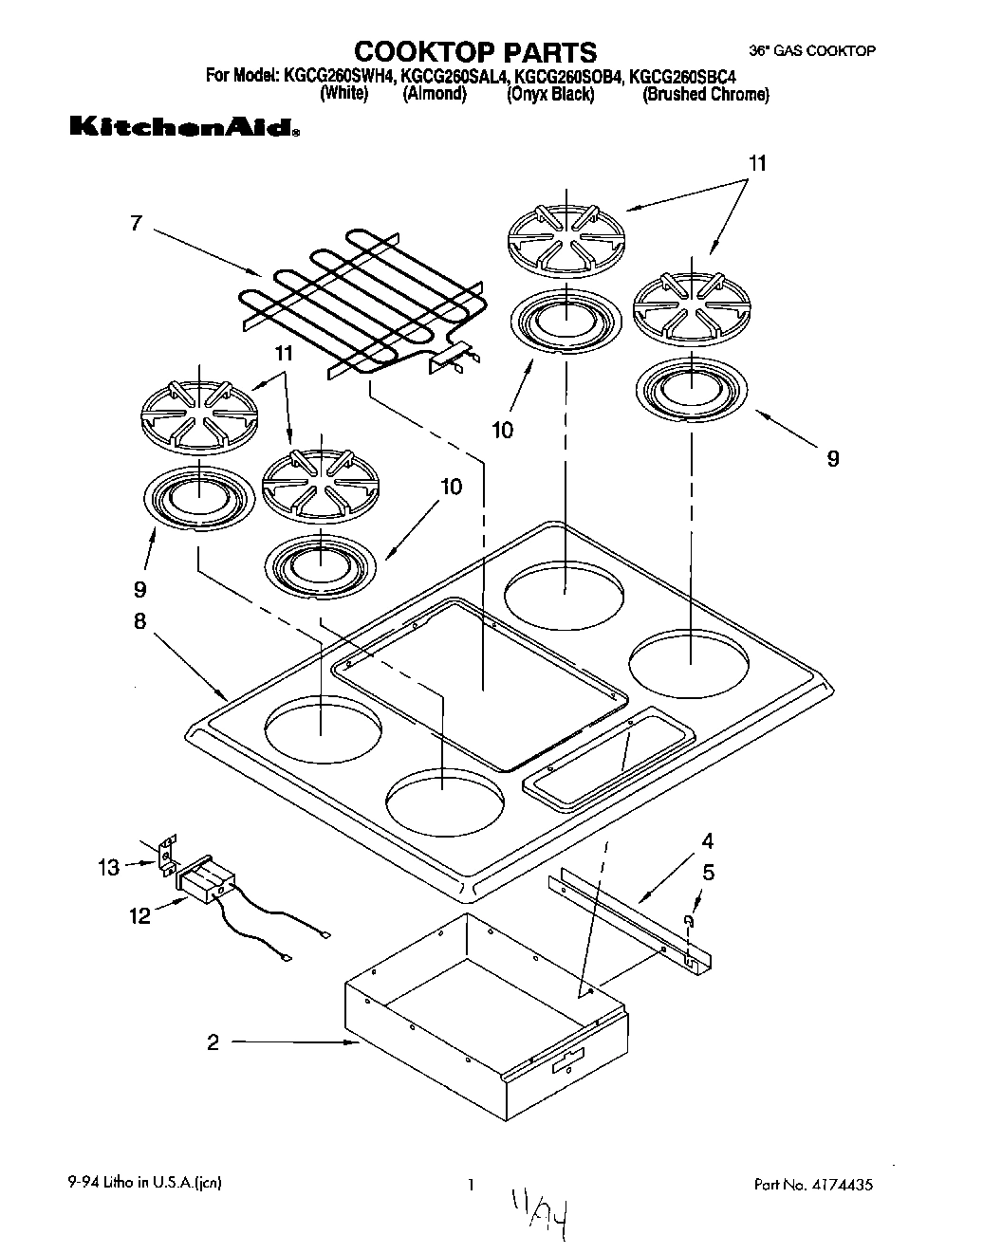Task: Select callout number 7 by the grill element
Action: pyautogui.click(x=136, y=224)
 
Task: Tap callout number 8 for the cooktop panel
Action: pyautogui.click(x=139, y=621)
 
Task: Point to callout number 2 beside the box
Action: pyautogui.click(x=213, y=1042)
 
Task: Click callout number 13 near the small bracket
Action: pyautogui.click(x=109, y=867)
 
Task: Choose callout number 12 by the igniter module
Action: pyautogui.click(x=139, y=916)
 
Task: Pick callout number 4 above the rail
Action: pyautogui.click(x=707, y=840)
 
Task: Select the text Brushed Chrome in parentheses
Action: pyautogui.click(x=706, y=95)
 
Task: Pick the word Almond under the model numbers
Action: pyautogui.click(x=435, y=95)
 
